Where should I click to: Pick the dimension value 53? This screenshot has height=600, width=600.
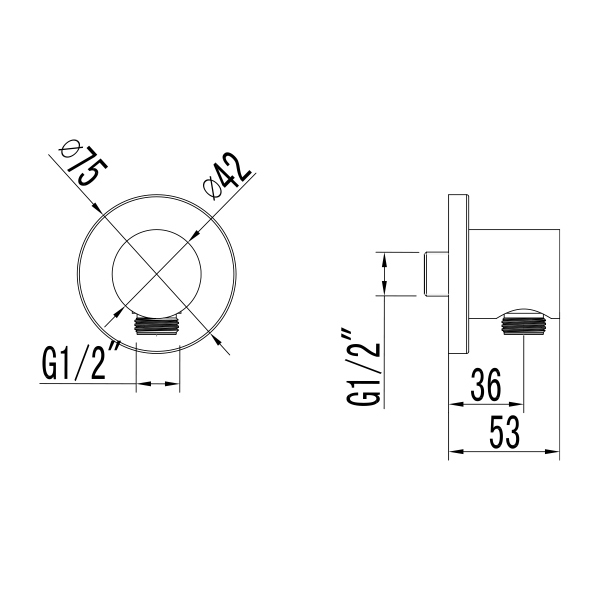pyautogui.click(x=503, y=433)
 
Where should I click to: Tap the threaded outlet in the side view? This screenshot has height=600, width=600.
pyautogui.click(x=524, y=322)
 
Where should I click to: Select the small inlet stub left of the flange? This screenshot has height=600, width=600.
pyautogui.click(x=436, y=274)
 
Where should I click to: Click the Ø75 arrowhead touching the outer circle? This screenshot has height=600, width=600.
pyautogui.click(x=98, y=210)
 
